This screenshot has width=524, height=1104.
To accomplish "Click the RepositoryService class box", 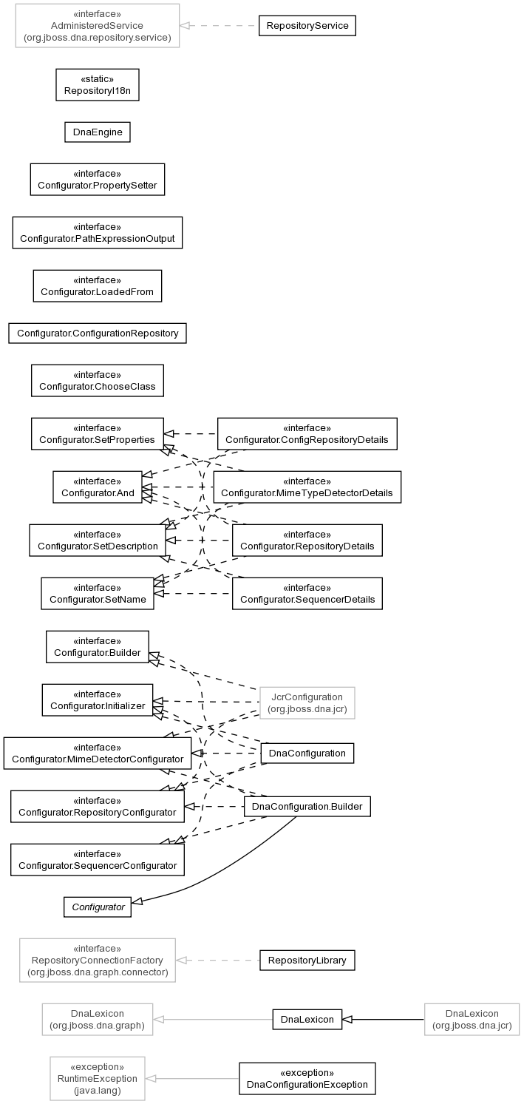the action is [x=307, y=26].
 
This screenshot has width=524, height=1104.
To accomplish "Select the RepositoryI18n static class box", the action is [x=98, y=85].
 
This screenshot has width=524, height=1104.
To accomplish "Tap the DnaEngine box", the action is [x=98, y=132].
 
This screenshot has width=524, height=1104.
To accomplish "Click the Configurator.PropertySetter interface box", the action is [x=98, y=180].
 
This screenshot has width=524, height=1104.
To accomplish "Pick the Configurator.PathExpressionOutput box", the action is [x=98, y=233].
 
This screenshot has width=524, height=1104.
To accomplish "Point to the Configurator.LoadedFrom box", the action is [x=98, y=286].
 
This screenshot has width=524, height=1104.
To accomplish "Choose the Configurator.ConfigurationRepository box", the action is [x=98, y=333].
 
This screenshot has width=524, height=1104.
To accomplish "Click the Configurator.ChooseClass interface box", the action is [x=98, y=381].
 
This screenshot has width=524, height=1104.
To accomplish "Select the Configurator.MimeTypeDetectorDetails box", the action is [x=307, y=487].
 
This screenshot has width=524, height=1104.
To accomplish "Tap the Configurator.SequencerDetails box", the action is [x=307, y=593].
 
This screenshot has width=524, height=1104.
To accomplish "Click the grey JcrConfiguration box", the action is [x=307, y=702].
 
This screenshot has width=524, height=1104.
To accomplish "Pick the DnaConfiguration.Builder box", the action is [x=307, y=806].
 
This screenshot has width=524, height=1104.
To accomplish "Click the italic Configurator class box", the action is [x=98, y=907].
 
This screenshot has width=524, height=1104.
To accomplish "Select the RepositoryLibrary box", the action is [x=307, y=960].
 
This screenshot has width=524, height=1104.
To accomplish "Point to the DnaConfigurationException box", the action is [x=307, y=1078].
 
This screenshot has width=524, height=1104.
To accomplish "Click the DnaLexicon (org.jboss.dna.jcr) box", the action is [x=472, y=1019].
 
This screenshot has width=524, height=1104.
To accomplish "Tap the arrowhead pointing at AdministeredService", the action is [x=185, y=26].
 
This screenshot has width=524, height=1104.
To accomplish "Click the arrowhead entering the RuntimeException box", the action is [x=151, y=1078].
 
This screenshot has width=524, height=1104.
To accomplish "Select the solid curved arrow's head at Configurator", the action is [x=137, y=901].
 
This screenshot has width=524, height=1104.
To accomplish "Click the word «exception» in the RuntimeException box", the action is [x=98, y=1066].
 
